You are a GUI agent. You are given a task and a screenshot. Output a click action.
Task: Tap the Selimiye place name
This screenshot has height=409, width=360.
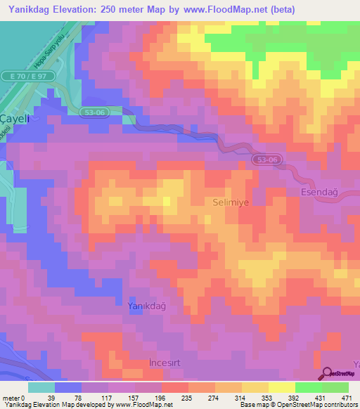[x=231, y=202]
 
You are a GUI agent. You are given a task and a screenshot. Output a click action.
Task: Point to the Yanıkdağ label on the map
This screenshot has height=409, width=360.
[x=147, y=306]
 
